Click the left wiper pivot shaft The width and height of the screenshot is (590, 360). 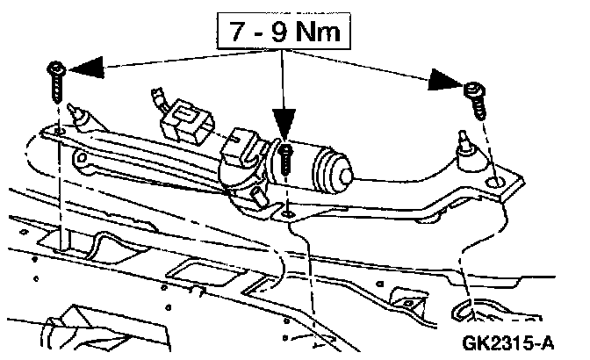click(x=79, y=117)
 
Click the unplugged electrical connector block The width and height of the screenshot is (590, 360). click(x=187, y=124)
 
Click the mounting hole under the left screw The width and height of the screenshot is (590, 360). click(x=59, y=132)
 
